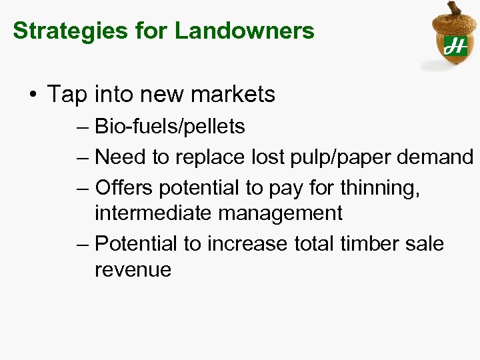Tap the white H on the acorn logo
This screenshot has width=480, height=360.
tap(457, 46)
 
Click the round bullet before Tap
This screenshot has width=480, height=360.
tap(33, 95)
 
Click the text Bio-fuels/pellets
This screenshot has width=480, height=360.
tap(170, 126)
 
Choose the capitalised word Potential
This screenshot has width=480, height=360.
tap(137, 243)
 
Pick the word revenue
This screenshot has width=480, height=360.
tap(133, 269)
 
